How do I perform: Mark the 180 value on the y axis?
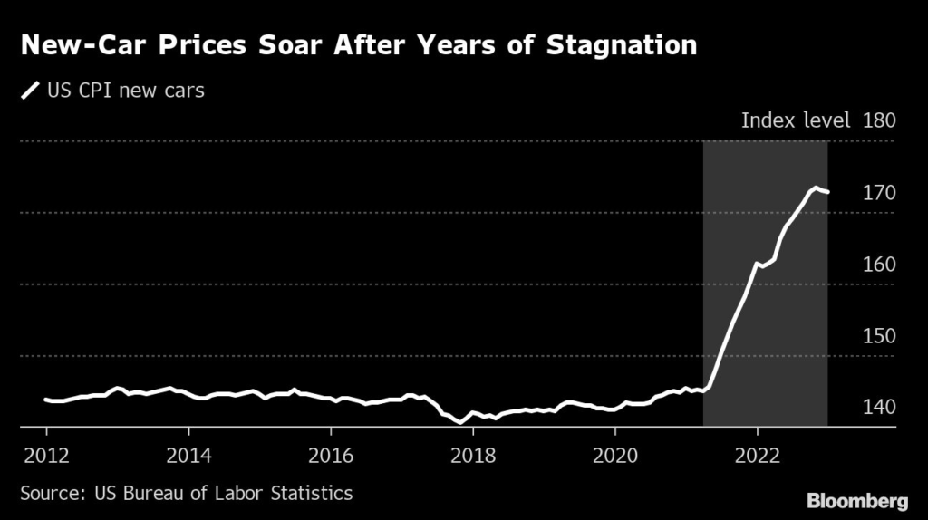(x=879, y=120)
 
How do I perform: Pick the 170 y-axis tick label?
(x=879, y=192)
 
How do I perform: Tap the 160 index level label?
(x=879, y=264)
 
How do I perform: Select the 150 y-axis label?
(x=879, y=335)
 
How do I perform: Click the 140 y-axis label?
(x=879, y=407)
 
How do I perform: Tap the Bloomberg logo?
(x=856, y=499)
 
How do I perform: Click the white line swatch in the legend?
(x=31, y=90)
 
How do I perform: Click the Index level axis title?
(x=796, y=120)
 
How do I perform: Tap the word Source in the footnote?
(x=49, y=493)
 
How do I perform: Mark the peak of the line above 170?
(x=816, y=188)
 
